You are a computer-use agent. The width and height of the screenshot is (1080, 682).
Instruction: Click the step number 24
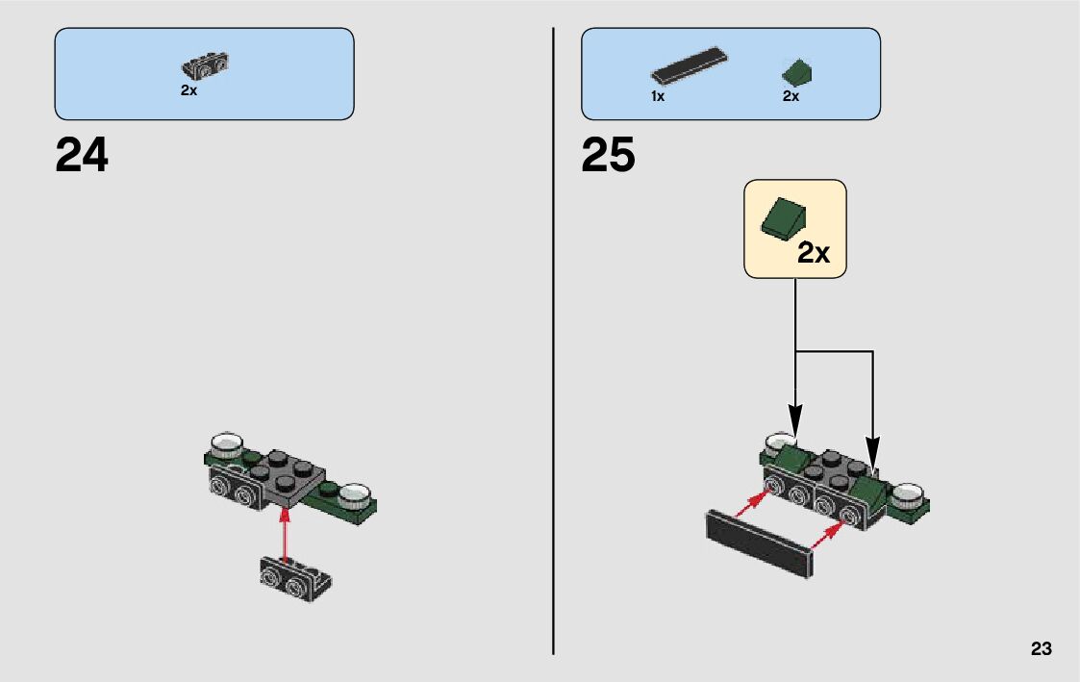[x=82, y=155]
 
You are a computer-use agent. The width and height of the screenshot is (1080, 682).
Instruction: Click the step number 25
[x=608, y=155]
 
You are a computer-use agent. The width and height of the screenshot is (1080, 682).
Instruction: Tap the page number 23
[x=1041, y=649]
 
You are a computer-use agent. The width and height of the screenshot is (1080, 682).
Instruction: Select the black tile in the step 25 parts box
[x=688, y=65]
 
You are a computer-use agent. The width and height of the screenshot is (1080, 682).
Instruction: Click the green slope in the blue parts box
[x=797, y=72]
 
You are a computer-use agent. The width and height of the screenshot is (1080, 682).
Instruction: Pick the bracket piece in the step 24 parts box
[x=204, y=65]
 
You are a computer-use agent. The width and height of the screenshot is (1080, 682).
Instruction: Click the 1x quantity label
[x=658, y=97]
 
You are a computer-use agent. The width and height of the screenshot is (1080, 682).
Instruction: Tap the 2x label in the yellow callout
[x=813, y=253]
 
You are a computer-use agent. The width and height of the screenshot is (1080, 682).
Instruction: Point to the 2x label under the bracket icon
[x=188, y=90]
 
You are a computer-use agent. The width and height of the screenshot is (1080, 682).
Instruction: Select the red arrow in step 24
[x=284, y=533]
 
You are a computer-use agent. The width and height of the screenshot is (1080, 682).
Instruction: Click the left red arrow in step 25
[x=753, y=506]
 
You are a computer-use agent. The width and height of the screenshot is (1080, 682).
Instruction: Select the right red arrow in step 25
[x=829, y=532]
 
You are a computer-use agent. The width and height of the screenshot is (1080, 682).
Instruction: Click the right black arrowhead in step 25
[x=872, y=452]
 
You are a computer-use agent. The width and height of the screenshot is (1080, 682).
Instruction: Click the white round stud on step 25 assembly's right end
[x=906, y=496]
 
